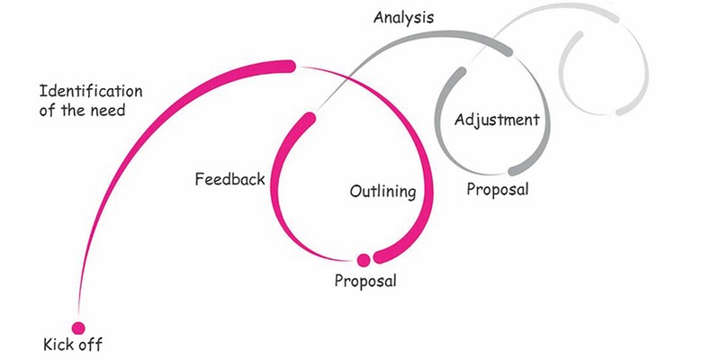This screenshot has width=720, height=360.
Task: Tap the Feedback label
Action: click(x=229, y=179)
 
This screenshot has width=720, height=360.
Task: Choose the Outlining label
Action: click(x=382, y=192)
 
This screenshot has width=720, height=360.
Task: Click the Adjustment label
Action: click(x=497, y=120)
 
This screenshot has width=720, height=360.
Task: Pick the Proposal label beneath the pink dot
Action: click(x=365, y=280)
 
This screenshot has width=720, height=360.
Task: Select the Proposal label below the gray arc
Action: click(x=498, y=190)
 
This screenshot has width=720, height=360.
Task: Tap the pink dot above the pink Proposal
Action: click(x=364, y=260)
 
